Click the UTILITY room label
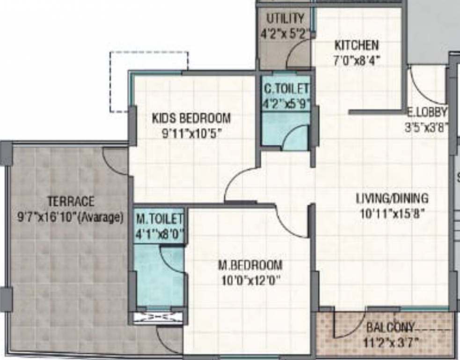tap(285, 19)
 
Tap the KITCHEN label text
tap(357, 45)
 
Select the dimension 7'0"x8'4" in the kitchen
tap(357, 60)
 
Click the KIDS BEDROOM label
tap(191, 118)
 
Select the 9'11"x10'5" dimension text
tap(191, 133)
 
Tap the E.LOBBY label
tap(427, 112)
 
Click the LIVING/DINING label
tap(392, 198)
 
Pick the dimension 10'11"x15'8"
tap(391, 214)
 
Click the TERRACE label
tap(71, 202)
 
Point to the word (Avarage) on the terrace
tap(102, 217)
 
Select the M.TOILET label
tap(159, 218)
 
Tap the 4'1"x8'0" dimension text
tap(159, 233)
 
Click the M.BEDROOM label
tap(250, 265)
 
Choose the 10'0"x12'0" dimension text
tap(250, 280)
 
